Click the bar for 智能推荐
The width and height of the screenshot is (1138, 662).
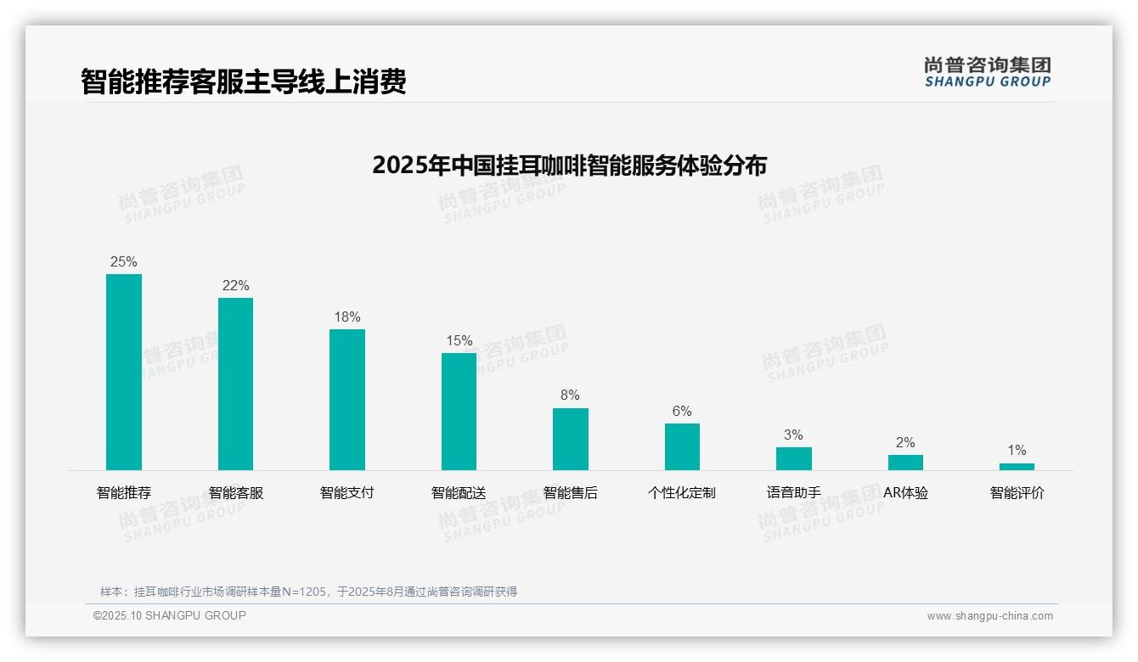click(x=124, y=372)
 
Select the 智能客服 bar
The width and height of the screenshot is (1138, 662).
click(x=235, y=384)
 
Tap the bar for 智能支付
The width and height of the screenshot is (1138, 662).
click(x=347, y=399)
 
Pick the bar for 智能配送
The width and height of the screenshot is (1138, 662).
click(x=459, y=411)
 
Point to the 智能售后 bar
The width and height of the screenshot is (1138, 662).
click(x=570, y=439)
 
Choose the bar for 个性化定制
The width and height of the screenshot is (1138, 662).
click(x=682, y=446)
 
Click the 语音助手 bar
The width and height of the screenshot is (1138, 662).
click(x=793, y=458)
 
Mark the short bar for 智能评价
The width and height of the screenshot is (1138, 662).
click(x=1017, y=466)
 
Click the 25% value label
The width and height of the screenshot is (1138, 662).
click(x=124, y=261)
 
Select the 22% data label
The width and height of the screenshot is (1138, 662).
click(x=235, y=285)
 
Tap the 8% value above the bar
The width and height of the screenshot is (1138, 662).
click(x=570, y=395)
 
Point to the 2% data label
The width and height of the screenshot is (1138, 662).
click(x=905, y=442)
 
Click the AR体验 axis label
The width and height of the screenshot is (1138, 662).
click(x=905, y=492)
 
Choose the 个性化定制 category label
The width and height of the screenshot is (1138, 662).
click(x=682, y=492)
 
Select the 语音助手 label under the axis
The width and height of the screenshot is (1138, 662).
click(x=793, y=492)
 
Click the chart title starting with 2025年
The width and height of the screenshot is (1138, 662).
click(x=569, y=165)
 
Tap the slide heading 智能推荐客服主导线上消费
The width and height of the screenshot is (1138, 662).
click(x=243, y=81)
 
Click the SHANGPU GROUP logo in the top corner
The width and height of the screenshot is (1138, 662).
click(x=987, y=72)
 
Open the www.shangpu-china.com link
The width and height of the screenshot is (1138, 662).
click(x=989, y=616)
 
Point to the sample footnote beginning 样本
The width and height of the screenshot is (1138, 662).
click(x=308, y=592)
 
